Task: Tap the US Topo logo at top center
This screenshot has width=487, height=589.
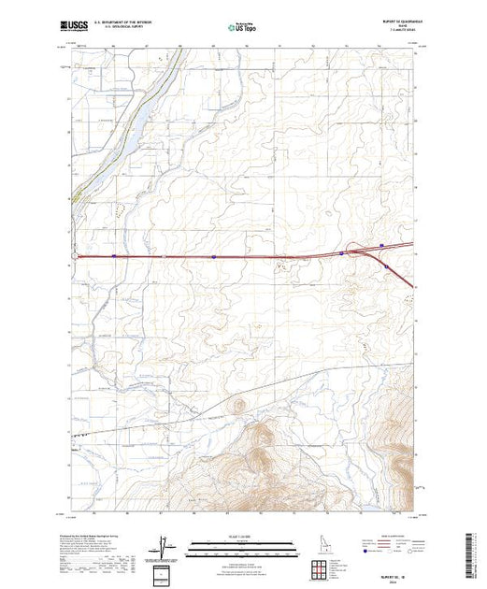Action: [x=242, y=27]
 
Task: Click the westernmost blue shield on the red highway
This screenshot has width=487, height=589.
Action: [x=113, y=253]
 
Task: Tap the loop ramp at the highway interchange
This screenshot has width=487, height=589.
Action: [x=381, y=247]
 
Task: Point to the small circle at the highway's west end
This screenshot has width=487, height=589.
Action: [x=74, y=253]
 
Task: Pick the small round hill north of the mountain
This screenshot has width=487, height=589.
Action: [x=237, y=405]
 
